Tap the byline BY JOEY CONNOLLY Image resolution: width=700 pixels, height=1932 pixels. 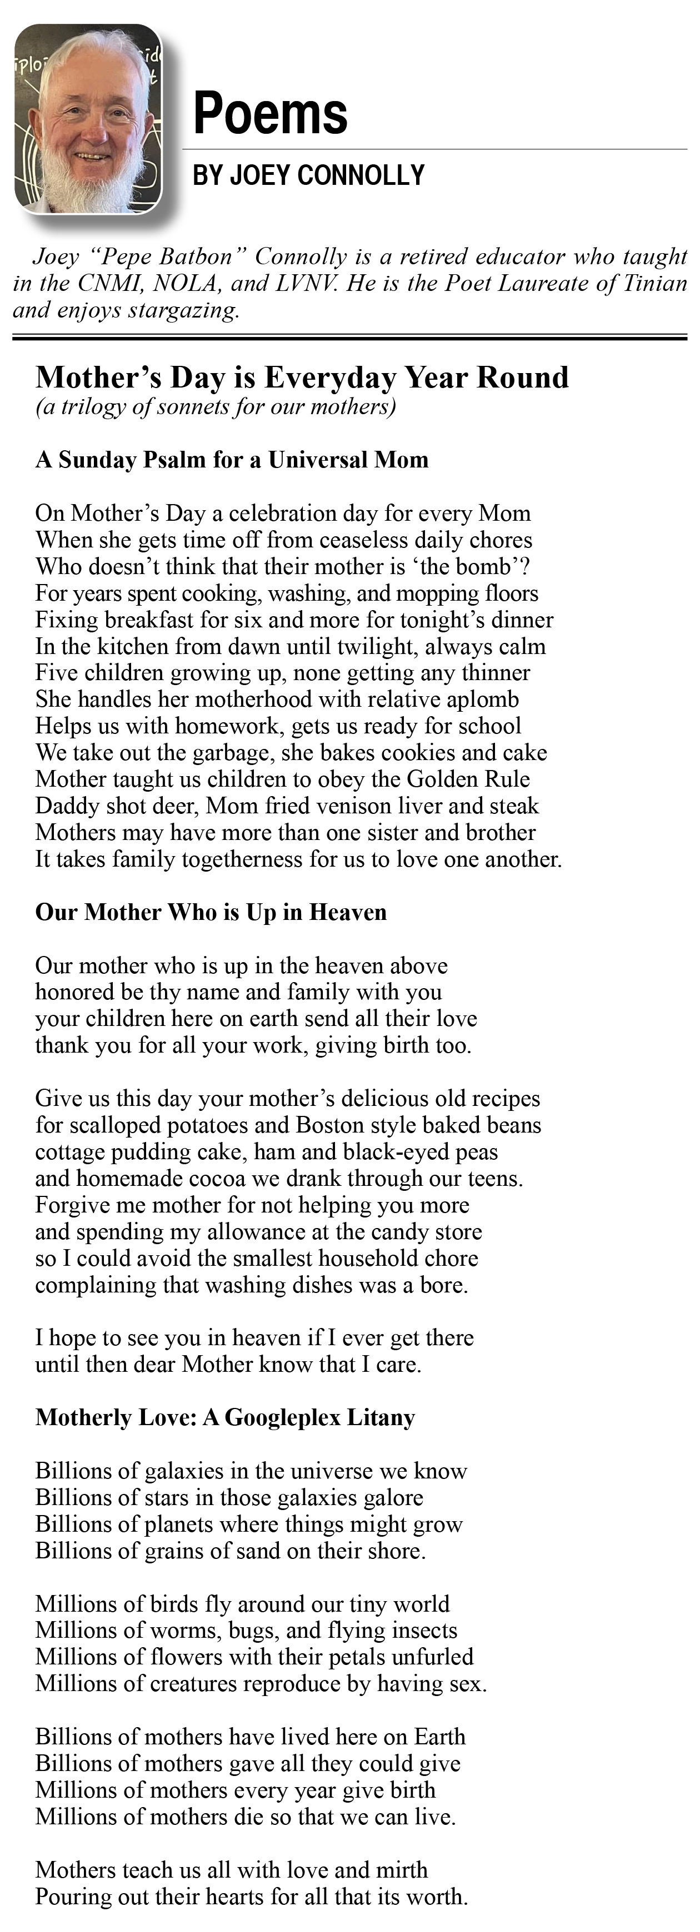(308, 175)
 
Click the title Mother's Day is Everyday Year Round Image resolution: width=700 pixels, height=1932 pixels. (302, 378)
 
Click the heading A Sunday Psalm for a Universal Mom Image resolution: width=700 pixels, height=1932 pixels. (232, 459)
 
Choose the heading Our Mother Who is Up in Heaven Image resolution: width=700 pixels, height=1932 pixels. (211, 912)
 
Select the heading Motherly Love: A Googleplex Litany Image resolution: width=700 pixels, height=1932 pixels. (225, 1417)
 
